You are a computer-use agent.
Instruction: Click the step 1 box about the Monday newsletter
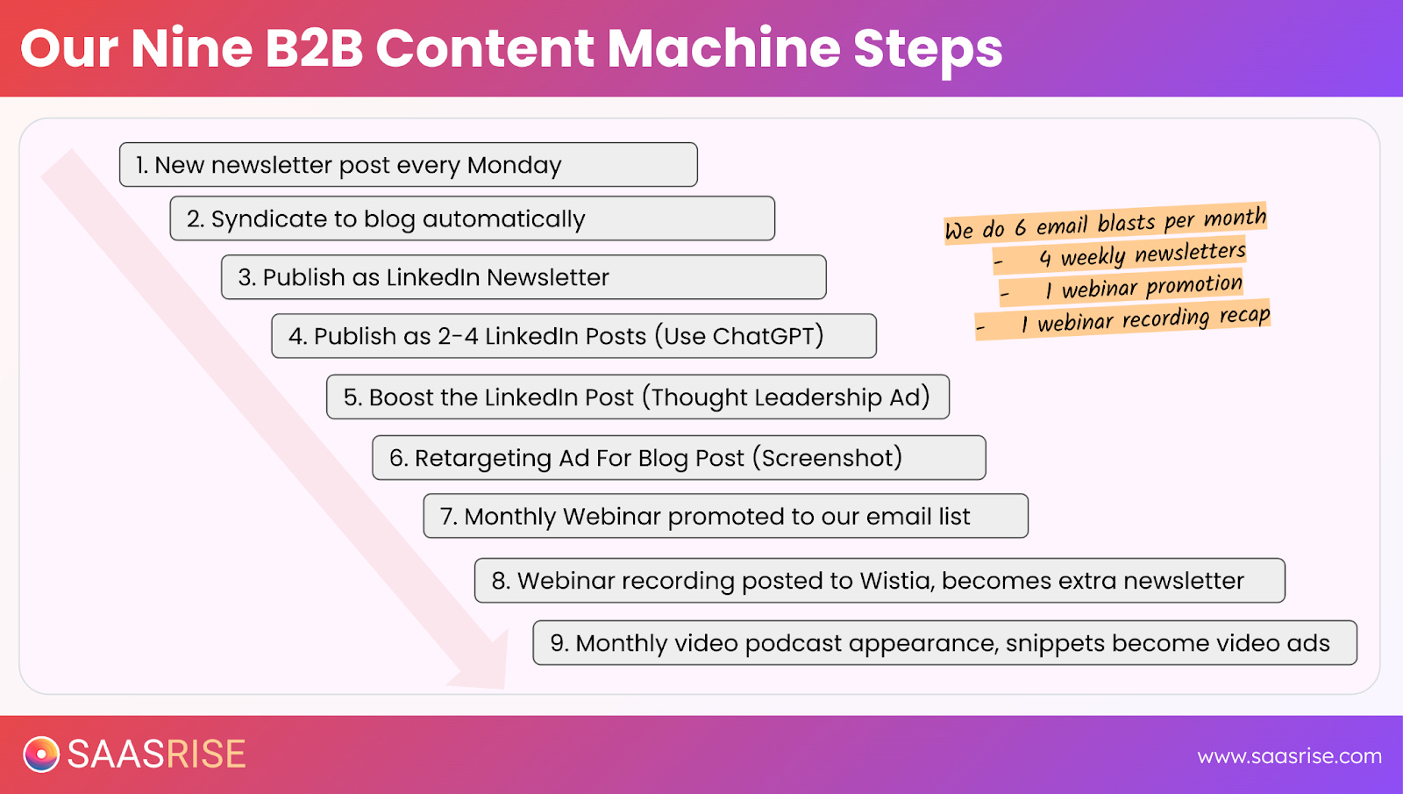(408, 165)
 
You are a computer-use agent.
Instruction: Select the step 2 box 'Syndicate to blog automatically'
(472, 218)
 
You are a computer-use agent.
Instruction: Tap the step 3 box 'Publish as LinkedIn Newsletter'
(523, 277)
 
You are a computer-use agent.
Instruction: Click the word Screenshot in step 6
(827, 458)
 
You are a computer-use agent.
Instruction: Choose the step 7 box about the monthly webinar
(725, 516)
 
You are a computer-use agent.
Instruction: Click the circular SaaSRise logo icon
(41, 755)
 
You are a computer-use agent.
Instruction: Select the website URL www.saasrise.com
(1289, 756)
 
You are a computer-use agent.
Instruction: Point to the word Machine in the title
(723, 48)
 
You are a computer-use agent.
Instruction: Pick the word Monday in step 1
(514, 165)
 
